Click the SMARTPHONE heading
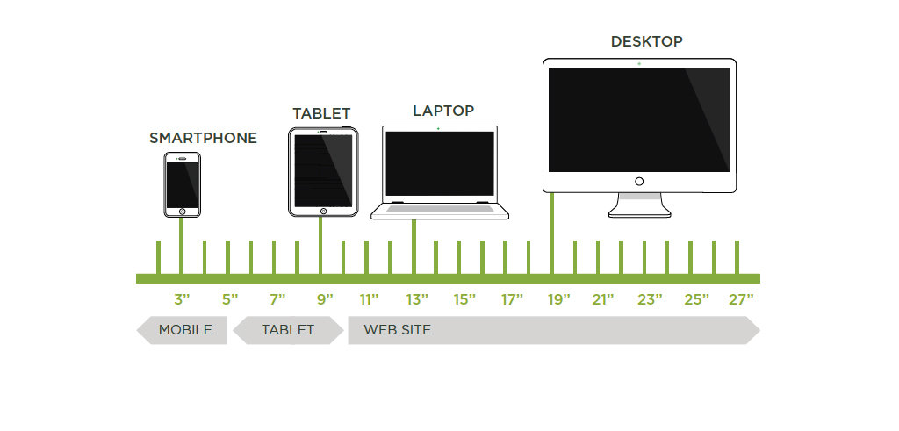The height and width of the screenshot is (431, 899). pyautogui.click(x=203, y=138)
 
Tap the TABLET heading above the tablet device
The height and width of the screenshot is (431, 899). pyautogui.click(x=321, y=113)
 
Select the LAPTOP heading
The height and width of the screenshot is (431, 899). pyautogui.click(x=443, y=111)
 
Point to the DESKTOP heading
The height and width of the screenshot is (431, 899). pyautogui.click(x=646, y=41)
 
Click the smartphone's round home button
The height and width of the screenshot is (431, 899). pyautogui.click(x=183, y=212)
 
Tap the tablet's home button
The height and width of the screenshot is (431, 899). pyautogui.click(x=323, y=211)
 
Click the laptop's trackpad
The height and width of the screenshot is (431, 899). pyautogui.click(x=439, y=209)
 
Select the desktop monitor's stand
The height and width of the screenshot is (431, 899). pyautogui.click(x=639, y=205)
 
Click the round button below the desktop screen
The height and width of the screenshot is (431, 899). pyautogui.click(x=639, y=181)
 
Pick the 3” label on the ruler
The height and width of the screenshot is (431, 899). pyautogui.click(x=182, y=299)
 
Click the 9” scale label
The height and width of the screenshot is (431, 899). pyautogui.click(x=324, y=299)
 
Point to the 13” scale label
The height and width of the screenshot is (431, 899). pyautogui.click(x=417, y=299)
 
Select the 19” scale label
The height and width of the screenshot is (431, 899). pyautogui.click(x=558, y=299)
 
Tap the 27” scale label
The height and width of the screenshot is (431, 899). pyautogui.click(x=741, y=299)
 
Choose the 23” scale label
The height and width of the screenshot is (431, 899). pyautogui.click(x=650, y=299)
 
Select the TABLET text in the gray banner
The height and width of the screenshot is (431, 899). pyautogui.click(x=287, y=330)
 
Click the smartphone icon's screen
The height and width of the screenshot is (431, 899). pyautogui.click(x=183, y=184)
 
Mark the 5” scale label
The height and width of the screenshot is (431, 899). pyautogui.click(x=230, y=299)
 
